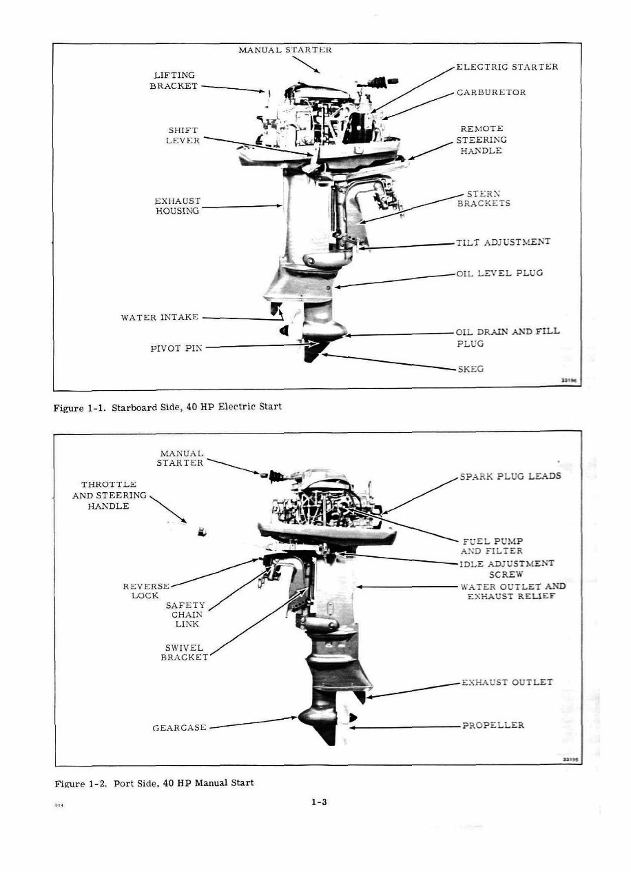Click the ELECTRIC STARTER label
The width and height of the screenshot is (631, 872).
[506, 67]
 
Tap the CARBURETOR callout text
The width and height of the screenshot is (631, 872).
[491, 92]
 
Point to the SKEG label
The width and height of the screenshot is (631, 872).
[470, 369]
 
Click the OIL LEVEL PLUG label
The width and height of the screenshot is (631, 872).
[499, 273]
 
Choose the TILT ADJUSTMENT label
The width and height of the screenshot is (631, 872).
[503, 243]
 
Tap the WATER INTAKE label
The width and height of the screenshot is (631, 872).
[160, 317]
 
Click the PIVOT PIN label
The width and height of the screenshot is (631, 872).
[176, 348]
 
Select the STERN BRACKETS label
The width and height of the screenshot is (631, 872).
[484, 199]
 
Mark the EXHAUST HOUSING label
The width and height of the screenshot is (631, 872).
[177, 206]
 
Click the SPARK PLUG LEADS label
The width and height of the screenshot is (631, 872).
[510, 476]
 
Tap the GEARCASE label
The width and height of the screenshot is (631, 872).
[179, 727]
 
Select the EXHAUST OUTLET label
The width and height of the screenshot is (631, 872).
[506, 682]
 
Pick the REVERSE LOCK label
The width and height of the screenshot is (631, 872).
[146, 590]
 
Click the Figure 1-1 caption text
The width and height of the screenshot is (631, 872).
[167, 407]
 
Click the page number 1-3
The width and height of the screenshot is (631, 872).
[318, 802]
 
